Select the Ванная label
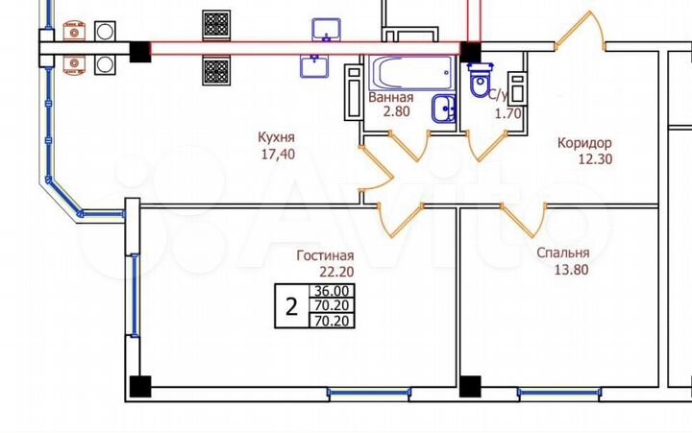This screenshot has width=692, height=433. point(391,97)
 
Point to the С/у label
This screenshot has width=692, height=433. point(497,97)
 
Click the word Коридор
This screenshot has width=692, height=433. point(584,142)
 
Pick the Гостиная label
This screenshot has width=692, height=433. point(325,255)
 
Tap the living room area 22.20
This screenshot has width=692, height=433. point(325,273)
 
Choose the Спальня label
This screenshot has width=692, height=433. point(563,253)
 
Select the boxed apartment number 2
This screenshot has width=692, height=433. point(290,307)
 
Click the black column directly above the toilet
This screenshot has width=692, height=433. point(471,51)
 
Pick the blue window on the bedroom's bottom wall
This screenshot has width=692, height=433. point(558,392)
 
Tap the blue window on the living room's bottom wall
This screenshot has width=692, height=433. point(368,392)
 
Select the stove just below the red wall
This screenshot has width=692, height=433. point(216,70)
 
